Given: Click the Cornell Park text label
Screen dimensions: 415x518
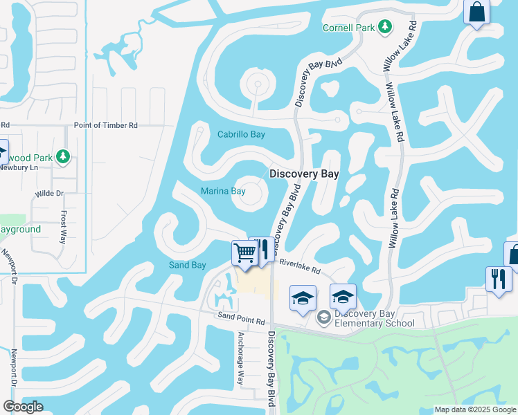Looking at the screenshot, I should point(349,28).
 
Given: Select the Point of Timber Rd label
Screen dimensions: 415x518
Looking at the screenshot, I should point(106,124).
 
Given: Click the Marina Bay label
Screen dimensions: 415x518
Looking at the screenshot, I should point(223,191).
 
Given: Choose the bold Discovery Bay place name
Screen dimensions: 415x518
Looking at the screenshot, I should point(304,174).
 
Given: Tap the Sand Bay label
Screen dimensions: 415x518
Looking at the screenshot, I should point(188,265).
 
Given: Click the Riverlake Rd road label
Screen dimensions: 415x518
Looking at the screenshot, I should point(300,266).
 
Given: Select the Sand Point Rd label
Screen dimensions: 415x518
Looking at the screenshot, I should point(242,322).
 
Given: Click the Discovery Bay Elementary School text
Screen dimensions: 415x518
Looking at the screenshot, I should point(374,318).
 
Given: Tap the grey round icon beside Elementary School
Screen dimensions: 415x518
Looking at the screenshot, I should point(323,318).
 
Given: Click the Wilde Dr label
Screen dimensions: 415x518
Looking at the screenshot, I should point(49,194).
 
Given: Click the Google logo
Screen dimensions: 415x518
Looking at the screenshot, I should point(23,407).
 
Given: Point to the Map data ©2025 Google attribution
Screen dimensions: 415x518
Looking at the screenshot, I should point(474,409).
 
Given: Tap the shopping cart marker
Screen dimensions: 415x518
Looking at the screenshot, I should point(244,254).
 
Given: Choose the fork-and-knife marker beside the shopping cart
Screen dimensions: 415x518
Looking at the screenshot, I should point(262,250).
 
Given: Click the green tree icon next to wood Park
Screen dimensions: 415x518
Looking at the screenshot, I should point(64,156).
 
